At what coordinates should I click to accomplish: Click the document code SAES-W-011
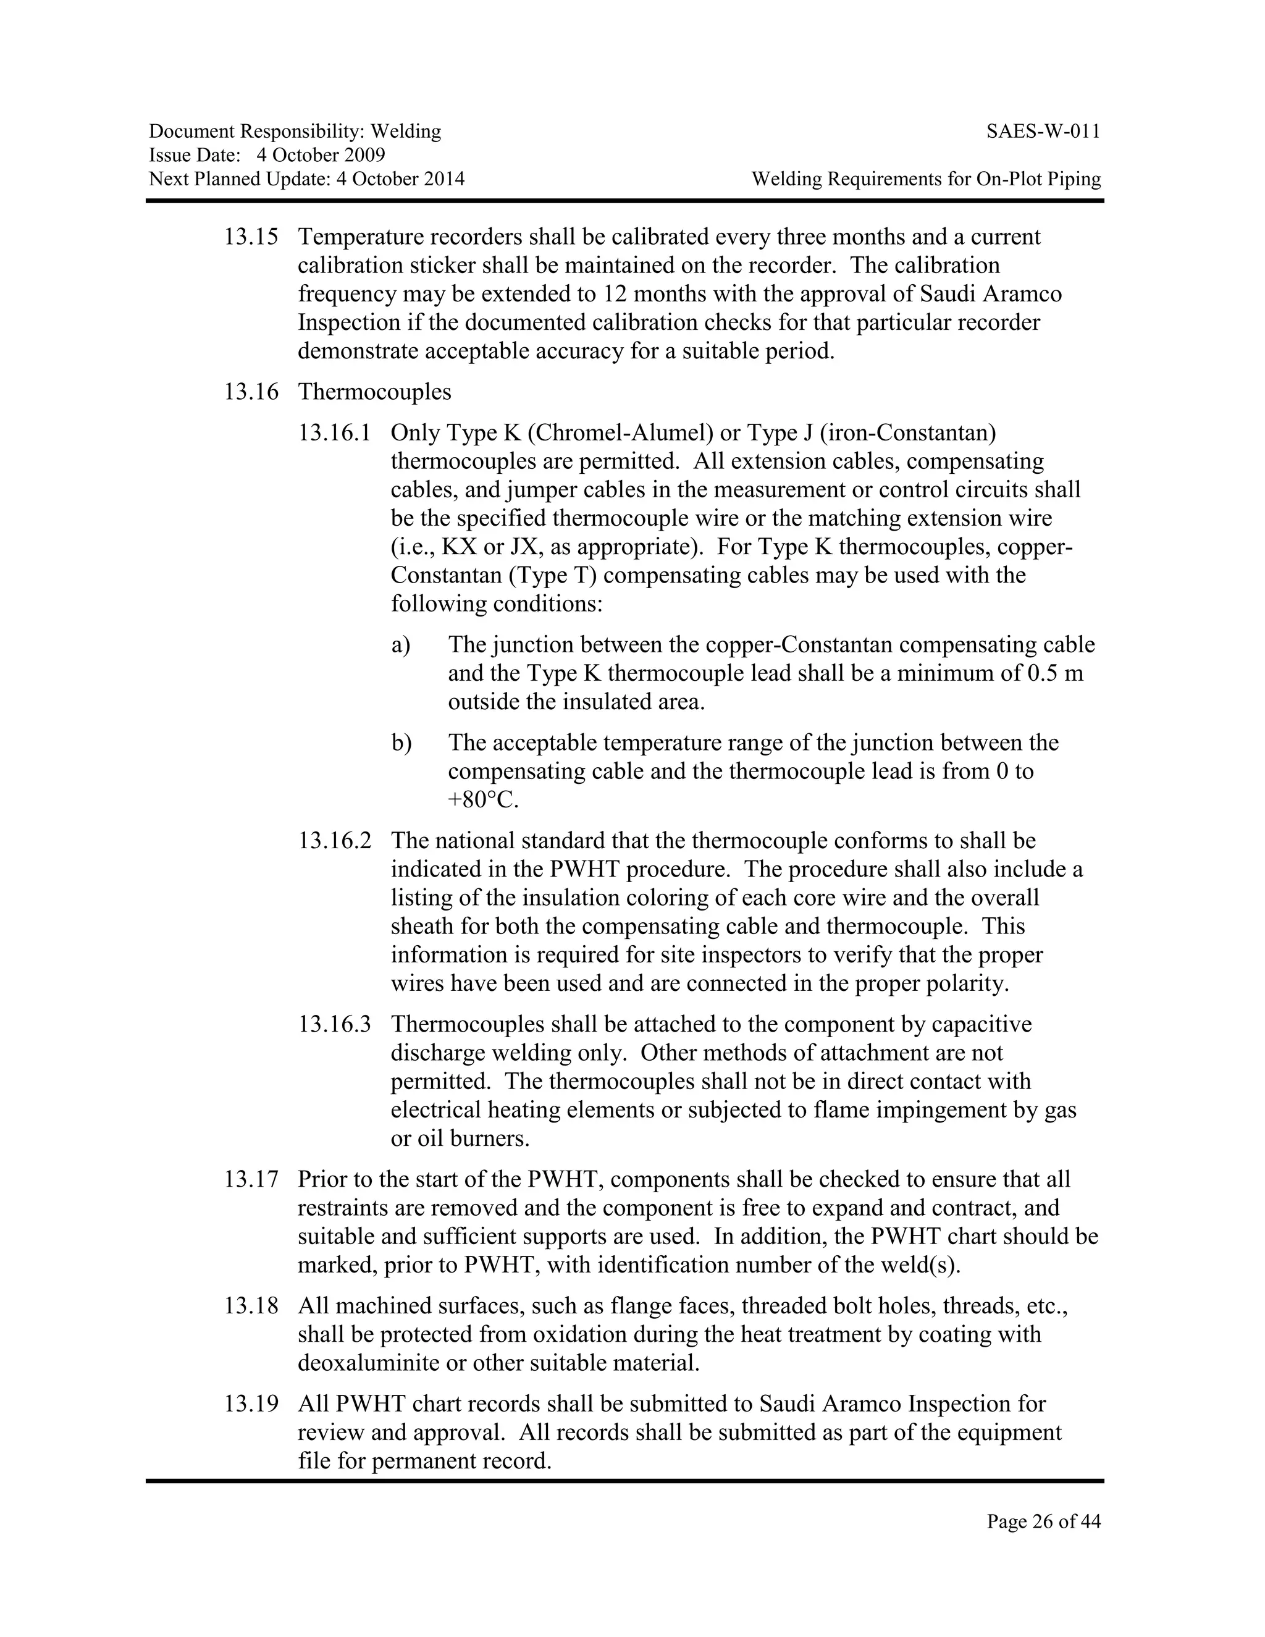(1043, 132)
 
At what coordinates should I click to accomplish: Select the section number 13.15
(251, 237)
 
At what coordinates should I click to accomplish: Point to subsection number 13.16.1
(334, 432)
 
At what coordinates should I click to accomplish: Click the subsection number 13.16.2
(334, 840)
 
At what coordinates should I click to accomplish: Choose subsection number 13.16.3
(334, 1024)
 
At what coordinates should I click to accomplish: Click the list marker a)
(401, 644)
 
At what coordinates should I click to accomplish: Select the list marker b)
(401, 743)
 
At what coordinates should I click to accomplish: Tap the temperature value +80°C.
(484, 800)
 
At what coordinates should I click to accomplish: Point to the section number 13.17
(251, 1179)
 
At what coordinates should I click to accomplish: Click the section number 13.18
(251, 1306)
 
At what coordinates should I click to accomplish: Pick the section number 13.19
(251, 1404)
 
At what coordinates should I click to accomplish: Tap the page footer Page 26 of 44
(1043, 1521)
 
